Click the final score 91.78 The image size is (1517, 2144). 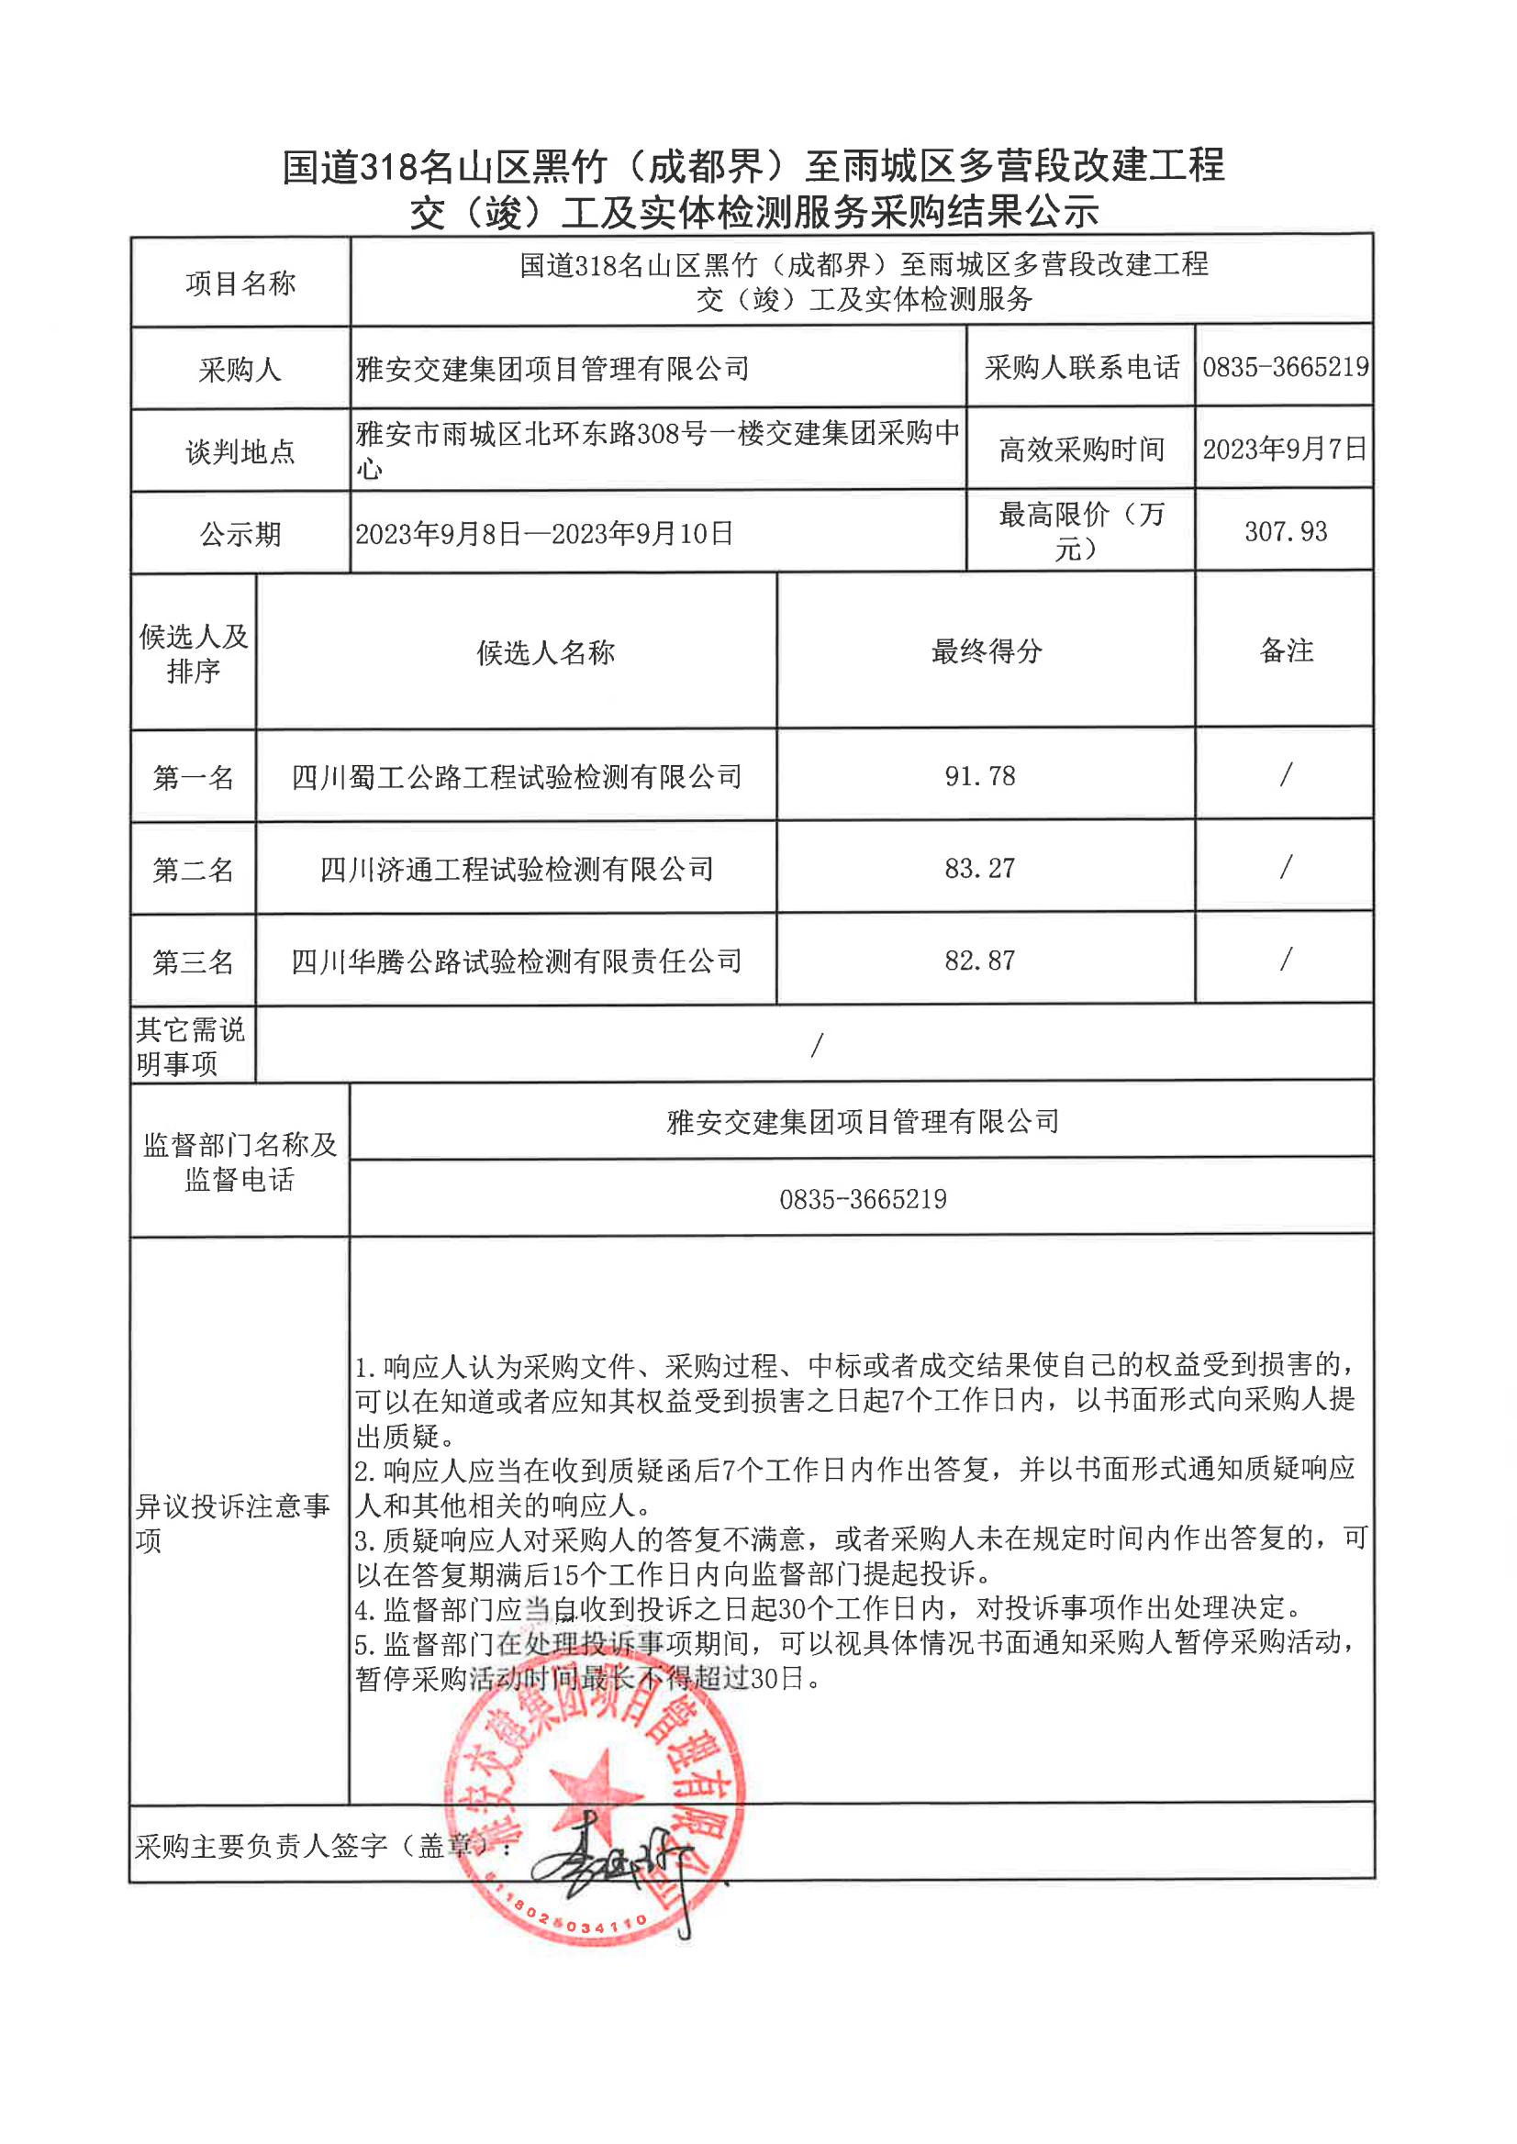click(979, 776)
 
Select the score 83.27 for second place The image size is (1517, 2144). click(979, 869)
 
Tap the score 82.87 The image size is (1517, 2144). click(979, 961)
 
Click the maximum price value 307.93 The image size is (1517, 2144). click(1286, 532)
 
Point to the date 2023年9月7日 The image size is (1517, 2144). click(1285, 450)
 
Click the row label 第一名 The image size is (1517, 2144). click(194, 777)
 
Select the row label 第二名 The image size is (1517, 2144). click(194, 871)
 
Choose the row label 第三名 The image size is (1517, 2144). click(194, 961)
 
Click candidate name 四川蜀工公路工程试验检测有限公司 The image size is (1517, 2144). click(517, 777)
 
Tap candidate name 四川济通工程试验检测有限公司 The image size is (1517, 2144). click(517, 870)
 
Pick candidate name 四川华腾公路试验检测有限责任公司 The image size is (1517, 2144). click(517, 961)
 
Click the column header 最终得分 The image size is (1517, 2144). click(986, 650)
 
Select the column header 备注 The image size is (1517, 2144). click(1286, 650)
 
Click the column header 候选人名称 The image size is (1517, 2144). click(545, 652)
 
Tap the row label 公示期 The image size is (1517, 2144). click(240, 534)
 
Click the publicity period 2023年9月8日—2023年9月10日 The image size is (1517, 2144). click(543, 534)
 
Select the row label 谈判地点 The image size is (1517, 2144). click(240, 452)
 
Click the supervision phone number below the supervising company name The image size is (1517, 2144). click(862, 1199)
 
